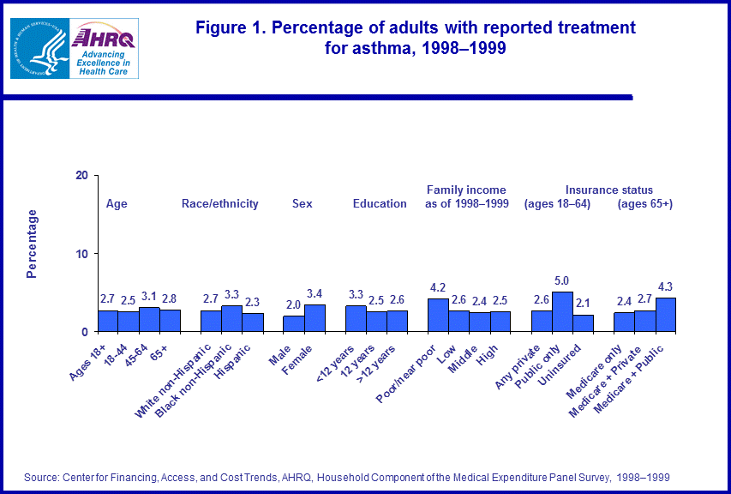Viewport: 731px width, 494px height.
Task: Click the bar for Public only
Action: (562, 311)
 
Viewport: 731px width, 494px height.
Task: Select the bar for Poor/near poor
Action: (438, 315)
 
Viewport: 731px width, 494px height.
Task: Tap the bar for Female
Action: (315, 318)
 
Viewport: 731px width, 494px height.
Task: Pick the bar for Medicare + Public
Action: (666, 315)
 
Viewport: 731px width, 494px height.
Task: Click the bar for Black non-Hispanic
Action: (231, 318)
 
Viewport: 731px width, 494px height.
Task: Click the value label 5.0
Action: (562, 280)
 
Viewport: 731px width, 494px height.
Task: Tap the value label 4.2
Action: (438, 287)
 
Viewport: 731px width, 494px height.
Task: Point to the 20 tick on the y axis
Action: (82, 175)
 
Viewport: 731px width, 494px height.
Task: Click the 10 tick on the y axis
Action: (82, 253)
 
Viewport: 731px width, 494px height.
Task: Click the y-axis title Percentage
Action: (32, 244)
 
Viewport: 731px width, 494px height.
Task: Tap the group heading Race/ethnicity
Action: (220, 203)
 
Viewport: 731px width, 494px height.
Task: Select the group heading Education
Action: (380, 203)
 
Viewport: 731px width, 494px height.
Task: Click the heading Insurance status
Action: (609, 190)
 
